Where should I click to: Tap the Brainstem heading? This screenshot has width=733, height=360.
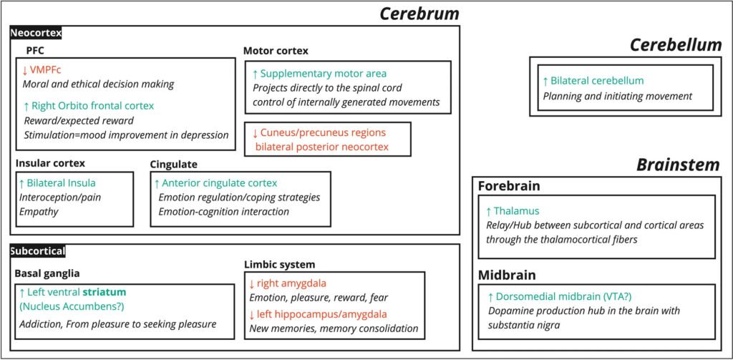click(678, 165)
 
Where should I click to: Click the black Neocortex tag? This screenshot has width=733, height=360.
click(36, 33)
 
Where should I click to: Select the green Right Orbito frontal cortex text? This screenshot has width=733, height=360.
click(92, 105)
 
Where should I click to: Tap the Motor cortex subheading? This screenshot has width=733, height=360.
click(276, 51)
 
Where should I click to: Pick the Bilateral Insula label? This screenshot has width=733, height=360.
click(61, 183)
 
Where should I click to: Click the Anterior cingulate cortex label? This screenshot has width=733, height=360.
click(220, 183)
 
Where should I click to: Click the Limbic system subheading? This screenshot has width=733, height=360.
click(278, 265)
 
